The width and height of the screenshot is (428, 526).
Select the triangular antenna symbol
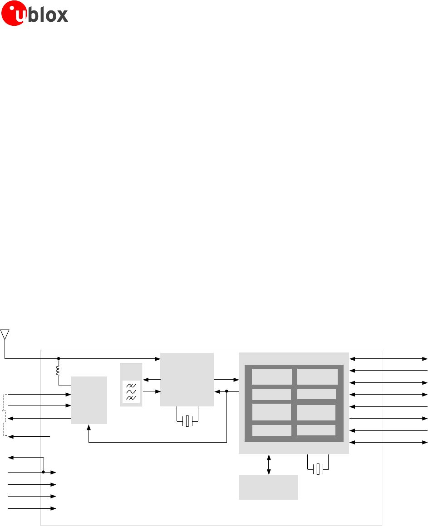click(x=5, y=335)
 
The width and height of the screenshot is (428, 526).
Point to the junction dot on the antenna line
click(x=58, y=359)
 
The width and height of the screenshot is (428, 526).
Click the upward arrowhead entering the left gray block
click(x=89, y=427)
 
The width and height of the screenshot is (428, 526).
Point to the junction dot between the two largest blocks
click(x=226, y=391)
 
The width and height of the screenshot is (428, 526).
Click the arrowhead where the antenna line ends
click(x=158, y=359)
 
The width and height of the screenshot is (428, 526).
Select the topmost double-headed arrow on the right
click(x=389, y=359)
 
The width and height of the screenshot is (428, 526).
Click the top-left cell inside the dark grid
click(x=271, y=376)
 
